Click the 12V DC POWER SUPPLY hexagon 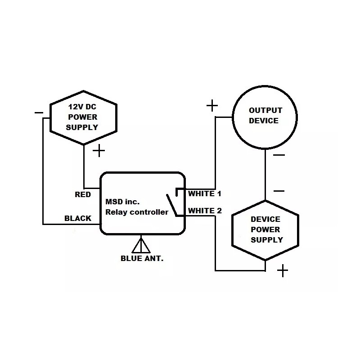tap(83, 117)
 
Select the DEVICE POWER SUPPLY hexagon tap(265, 229)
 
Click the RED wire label tap(83, 194)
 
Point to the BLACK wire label tap(78, 218)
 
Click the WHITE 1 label tap(205, 194)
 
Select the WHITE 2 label tap(205, 210)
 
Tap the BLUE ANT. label tap(142, 258)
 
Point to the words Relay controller tap(136, 212)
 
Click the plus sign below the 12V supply tap(99, 151)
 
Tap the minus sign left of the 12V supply tap(39, 112)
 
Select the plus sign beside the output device tap(212, 106)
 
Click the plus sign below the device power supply tap(282, 270)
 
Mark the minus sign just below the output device tap(279, 156)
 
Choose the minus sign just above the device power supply tap(279, 191)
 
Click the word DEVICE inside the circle tap(264, 121)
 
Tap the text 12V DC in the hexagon tap(82, 107)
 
